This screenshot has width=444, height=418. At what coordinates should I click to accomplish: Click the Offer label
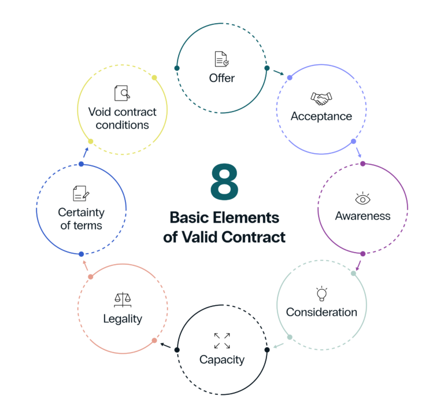(x=222, y=78)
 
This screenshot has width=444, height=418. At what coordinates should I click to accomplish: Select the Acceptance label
(x=321, y=116)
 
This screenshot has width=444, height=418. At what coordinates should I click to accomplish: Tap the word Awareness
(x=362, y=216)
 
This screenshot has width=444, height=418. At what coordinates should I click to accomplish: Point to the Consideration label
(x=321, y=312)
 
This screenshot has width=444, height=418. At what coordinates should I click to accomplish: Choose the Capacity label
(x=222, y=360)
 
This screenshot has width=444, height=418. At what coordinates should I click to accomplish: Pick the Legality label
(x=123, y=319)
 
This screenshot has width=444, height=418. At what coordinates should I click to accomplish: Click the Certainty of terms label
(x=81, y=219)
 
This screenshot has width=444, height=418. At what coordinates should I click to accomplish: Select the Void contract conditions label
(x=122, y=117)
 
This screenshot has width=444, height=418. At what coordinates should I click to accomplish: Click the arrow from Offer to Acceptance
(x=279, y=73)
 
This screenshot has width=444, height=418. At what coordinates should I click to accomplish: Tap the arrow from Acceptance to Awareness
(x=358, y=153)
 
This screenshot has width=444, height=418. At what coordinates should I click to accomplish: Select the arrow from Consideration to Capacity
(x=278, y=346)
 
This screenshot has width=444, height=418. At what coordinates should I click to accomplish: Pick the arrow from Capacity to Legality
(x=165, y=346)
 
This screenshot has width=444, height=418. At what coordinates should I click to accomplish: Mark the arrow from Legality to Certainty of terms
(x=86, y=266)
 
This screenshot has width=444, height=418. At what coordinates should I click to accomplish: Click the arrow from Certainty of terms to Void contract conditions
(x=86, y=153)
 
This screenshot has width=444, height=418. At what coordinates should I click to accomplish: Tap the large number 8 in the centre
(x=224, y=182)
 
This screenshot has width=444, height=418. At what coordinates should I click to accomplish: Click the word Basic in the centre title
(x=189, y=219)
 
